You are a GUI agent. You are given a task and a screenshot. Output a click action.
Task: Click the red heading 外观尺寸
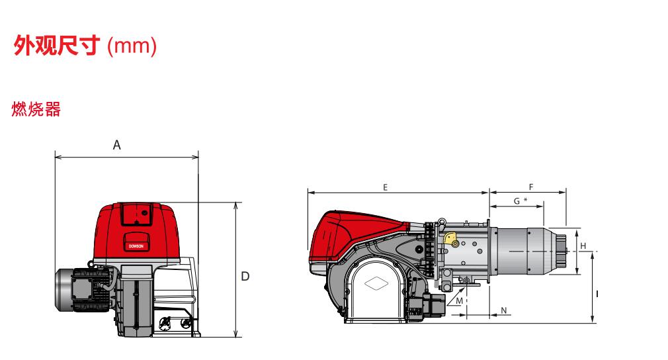tap(57, 45)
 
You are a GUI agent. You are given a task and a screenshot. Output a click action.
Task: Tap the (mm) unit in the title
tap(132, 46)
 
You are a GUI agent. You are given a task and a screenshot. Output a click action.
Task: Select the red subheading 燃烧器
tap(36, 109)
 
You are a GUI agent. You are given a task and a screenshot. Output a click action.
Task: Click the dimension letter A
tap(116, 146)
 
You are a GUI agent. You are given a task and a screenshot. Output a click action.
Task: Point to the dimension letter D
tap(245, 277)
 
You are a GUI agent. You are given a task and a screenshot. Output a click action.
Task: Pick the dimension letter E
tap(385, 187)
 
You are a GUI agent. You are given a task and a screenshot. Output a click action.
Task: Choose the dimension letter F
tap(531, 187)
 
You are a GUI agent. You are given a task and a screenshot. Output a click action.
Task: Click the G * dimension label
tap(520, 201)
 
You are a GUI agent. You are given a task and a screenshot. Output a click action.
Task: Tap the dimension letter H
tap(583, 246)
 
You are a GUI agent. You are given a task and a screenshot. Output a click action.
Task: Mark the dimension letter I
tap(597, 294)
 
